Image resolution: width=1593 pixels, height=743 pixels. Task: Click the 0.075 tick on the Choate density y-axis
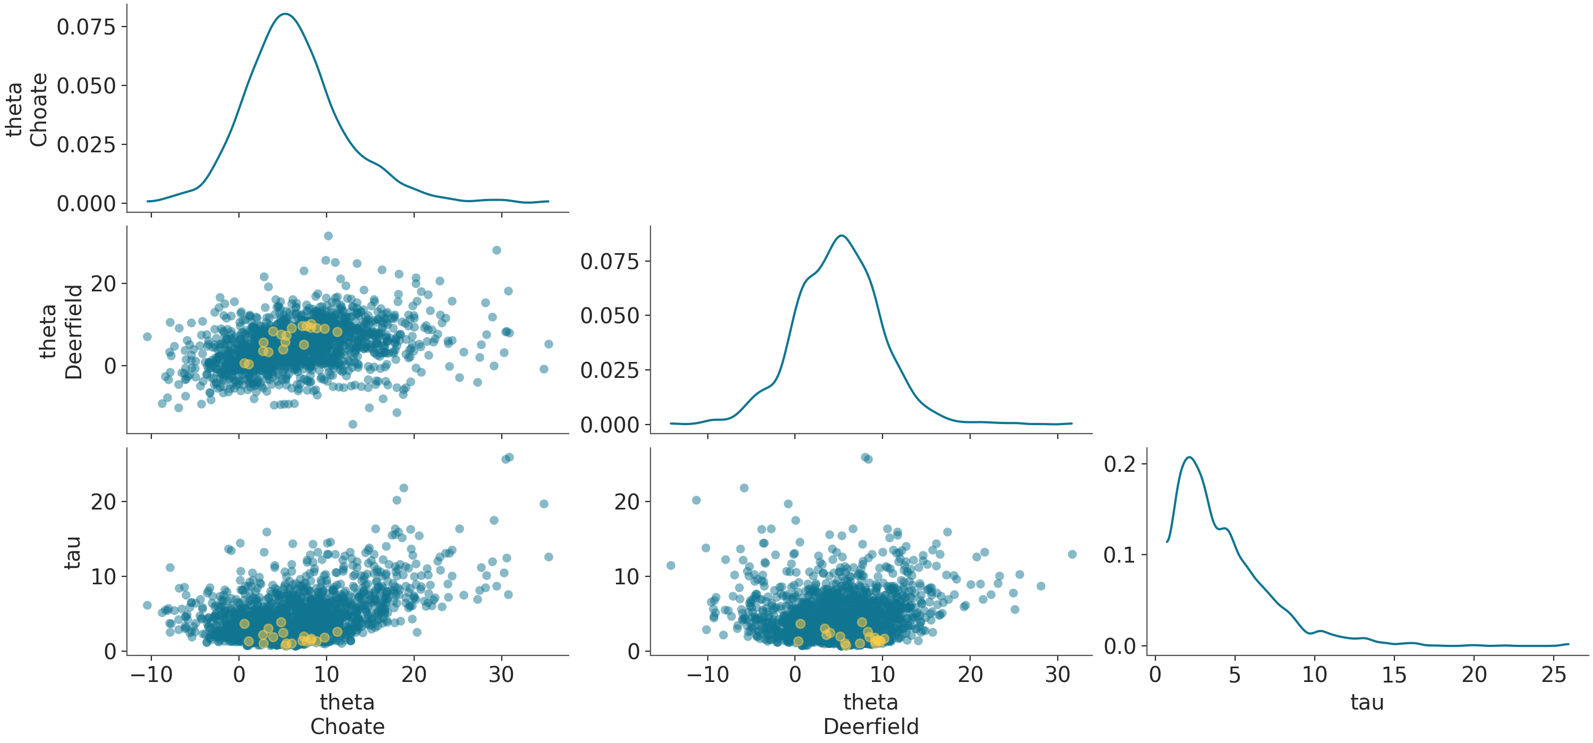point(86,27)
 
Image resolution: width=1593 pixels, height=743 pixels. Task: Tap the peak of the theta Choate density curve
point(285,14)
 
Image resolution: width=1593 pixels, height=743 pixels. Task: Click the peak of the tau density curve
point(1189,457)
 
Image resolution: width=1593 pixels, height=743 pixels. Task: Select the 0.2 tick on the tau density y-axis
point(1120,464)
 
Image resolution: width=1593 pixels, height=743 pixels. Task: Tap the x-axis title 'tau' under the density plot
point(1367,702)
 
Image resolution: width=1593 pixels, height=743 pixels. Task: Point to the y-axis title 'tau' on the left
point(72,552)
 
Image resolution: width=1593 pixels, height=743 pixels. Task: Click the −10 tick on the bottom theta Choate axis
point(151,675)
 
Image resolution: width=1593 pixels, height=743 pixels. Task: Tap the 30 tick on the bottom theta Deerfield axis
point(1057,675)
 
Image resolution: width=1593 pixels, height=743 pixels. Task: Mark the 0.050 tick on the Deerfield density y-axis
point(609,315)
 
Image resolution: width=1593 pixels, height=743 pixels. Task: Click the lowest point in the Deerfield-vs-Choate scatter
point(353,424)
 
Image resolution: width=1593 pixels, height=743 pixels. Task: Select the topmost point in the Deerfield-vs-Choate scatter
point(328,236)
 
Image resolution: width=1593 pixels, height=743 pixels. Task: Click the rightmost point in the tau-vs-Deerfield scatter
point(1072,555)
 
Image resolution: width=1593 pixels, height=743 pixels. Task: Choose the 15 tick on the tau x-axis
point(1394,675)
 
